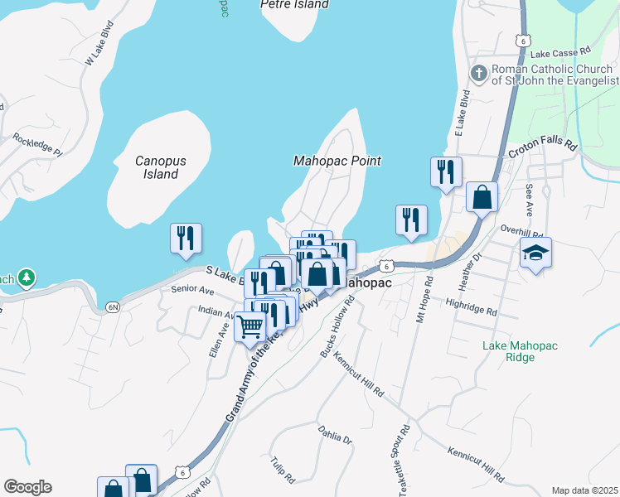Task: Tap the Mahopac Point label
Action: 337,161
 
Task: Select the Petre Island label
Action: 294,4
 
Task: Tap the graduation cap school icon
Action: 535,253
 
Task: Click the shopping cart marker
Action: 249,326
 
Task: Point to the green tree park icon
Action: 27,276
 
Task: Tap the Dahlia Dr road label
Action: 335,435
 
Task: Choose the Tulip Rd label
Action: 283,469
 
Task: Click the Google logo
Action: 27,487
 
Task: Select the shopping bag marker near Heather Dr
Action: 482,197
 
